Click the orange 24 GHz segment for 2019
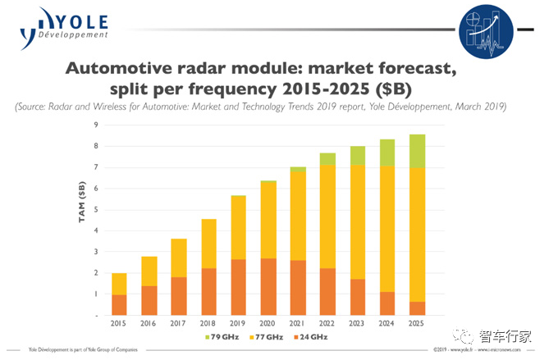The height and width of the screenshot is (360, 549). pyautogui.click(x=237, y=287)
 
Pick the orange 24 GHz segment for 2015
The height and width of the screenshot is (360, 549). pyautogui.click(x=119, y=305)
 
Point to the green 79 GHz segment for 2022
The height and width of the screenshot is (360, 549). pyautogui.click(x=327, y=158)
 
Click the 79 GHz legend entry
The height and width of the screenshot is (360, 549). pyautogui.click(x=222, y=337)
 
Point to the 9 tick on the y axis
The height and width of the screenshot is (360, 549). pyautogui.click(x=98, y=125)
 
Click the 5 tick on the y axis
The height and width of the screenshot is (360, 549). pyautogui.click(x=98, y=209)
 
